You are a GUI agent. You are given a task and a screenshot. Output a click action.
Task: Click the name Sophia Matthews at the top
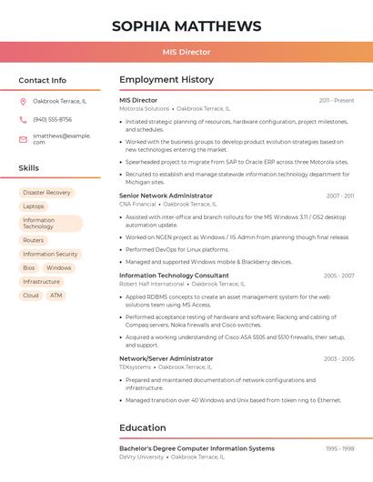[186, 26]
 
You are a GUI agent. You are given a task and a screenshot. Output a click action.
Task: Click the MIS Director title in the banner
[186, 53]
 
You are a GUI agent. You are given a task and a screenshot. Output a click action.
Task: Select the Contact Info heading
[43, 80]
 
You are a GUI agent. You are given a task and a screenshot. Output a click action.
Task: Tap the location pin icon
[23, 101]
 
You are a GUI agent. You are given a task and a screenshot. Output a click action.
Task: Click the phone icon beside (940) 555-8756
[23, 119]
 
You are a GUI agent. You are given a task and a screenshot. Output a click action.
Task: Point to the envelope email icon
[23, 139]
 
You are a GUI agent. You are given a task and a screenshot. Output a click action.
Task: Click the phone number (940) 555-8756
[52, 119]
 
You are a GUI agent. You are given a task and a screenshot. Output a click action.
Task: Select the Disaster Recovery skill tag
[46, 193]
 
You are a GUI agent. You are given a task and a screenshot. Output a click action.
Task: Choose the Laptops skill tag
[34, 206]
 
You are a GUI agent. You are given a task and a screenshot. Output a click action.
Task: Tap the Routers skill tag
[34, 240]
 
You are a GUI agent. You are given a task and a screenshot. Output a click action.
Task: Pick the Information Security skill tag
[50, 254]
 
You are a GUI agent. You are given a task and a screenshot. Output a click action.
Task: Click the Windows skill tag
[58, 267]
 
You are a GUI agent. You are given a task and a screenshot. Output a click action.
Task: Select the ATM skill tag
[56, 296]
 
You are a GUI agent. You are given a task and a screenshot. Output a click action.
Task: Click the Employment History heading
[166, 80]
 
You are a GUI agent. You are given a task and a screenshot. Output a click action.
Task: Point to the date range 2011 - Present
[337, 100]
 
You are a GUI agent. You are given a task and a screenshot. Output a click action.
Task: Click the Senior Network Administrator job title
[166, 196]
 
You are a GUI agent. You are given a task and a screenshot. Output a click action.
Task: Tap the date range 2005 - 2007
[338, 276]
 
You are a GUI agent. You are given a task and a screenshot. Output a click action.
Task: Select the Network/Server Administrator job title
[166, 358]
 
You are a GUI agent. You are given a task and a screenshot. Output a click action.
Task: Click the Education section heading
[143, 427]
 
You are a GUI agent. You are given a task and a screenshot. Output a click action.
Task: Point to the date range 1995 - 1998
[339, 448]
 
